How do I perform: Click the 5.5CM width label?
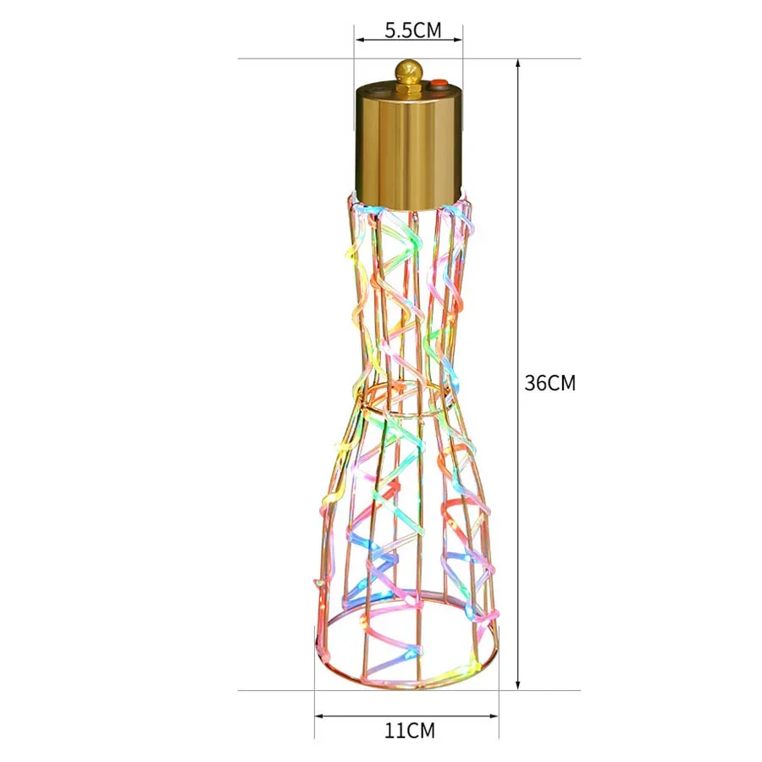[412, 30]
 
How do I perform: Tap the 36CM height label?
[550, 383]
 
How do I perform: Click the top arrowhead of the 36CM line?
[518, 64]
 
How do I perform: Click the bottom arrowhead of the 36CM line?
[518, 684]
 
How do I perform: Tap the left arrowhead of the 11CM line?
[320, 715]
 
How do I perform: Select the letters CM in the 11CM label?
[420, 730]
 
